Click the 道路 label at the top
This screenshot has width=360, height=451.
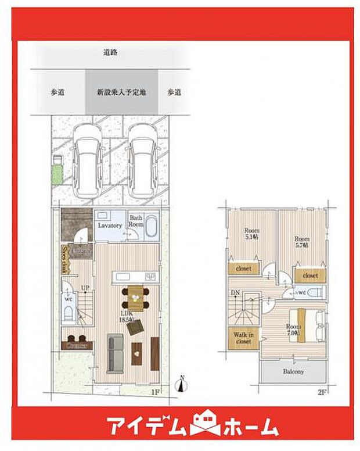coord(110,52)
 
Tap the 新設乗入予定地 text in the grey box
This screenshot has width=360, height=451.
coord(121,92)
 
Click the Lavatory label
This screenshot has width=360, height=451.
coord(109,225)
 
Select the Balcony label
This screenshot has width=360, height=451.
coord(294,370)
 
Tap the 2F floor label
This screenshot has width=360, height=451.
coord(322,392)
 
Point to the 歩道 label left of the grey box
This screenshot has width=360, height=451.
coord(56,92)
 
